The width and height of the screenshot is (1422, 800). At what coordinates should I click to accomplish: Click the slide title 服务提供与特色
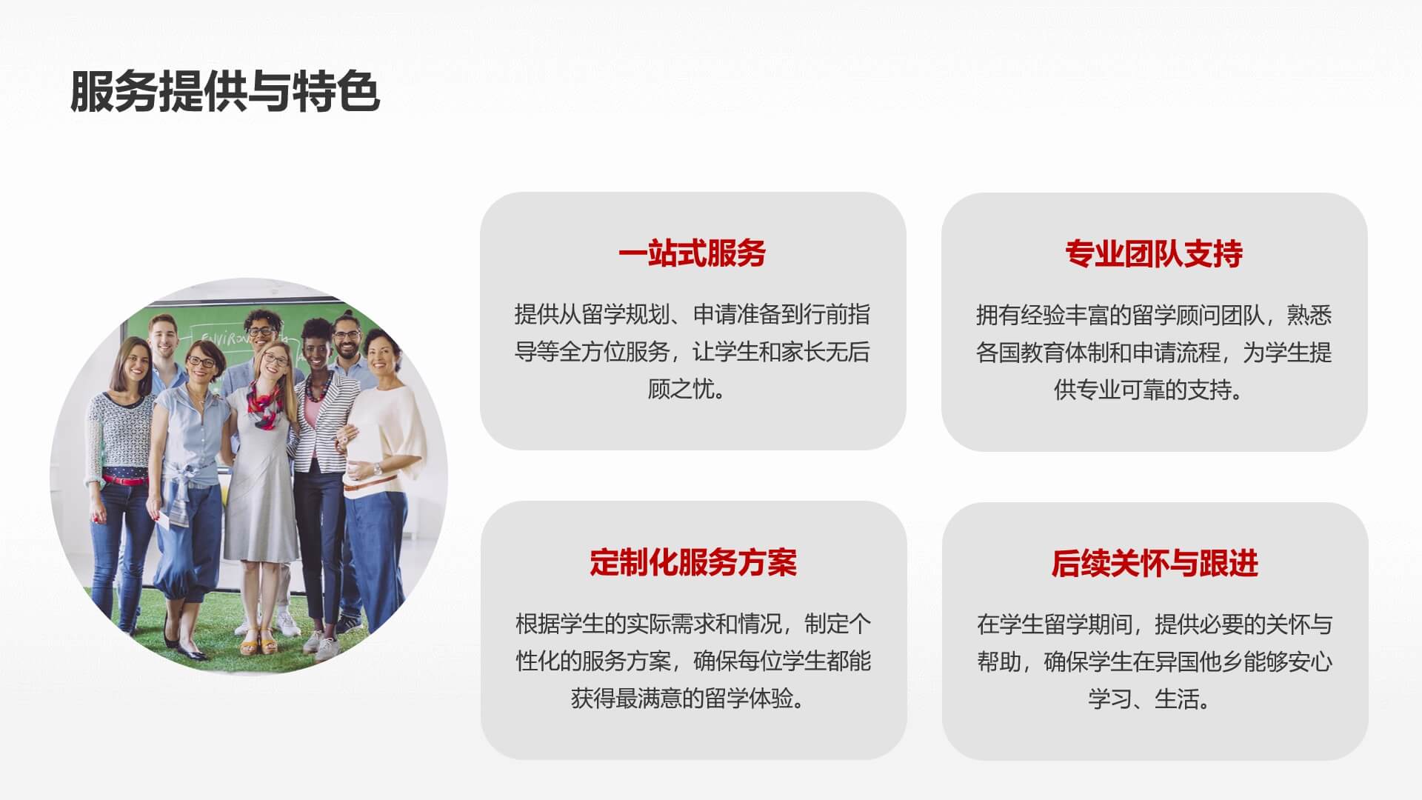[224, 92]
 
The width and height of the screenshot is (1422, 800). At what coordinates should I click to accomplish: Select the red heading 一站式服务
[692, 253]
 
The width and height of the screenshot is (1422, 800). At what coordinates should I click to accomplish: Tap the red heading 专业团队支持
[1154, 254]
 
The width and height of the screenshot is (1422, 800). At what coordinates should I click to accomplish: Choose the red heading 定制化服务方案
[693, 563]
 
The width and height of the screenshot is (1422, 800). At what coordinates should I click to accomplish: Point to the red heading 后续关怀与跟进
[1155, 564]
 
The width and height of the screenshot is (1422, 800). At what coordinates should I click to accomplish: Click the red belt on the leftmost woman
[124, 480]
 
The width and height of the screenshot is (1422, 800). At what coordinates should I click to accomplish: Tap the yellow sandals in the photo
[258, 641]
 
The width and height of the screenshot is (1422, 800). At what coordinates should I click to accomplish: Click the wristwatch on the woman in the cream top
[377, 469]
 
